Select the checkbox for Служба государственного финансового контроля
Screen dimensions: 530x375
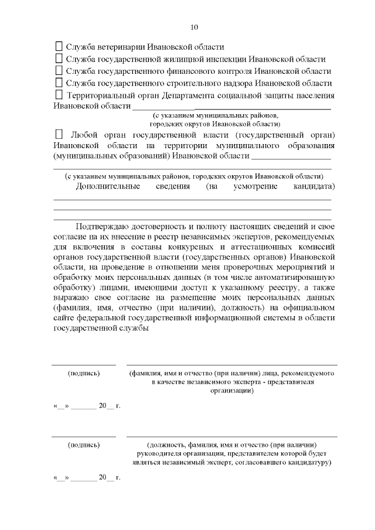(58, 70)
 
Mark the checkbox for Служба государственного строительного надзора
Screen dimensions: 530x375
(58, 83)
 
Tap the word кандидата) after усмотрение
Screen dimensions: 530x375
(313, 187)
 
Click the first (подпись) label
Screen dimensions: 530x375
(84, 373)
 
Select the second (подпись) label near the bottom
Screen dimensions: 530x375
(84, 445)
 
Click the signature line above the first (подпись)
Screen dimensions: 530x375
(84, 365)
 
